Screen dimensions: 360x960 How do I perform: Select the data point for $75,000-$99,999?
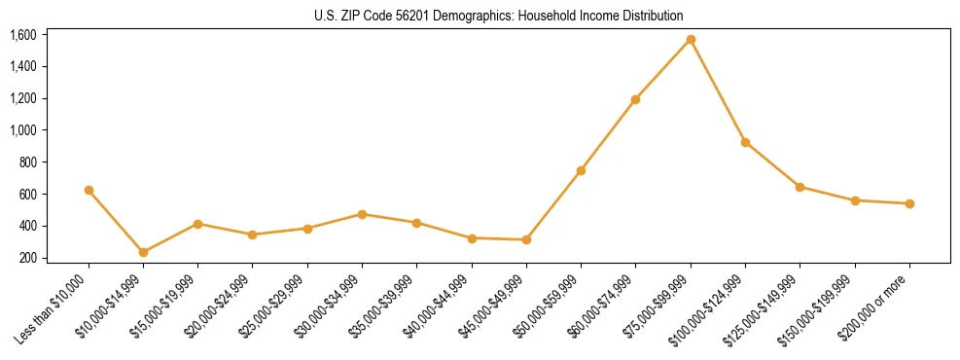tap(691, 40)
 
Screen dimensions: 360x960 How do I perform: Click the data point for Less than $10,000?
tap(89, 191)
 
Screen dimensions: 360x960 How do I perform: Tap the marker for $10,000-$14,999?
tap(143, 252)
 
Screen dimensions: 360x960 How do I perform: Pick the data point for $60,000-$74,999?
tap(635, 99)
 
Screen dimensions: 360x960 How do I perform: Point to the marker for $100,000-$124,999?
tap(745, 142)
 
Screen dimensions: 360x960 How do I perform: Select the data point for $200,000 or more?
tap(909, 203)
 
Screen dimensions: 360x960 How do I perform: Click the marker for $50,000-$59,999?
tap(581, 170)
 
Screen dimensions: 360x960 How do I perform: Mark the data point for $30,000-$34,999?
tap(362, 214)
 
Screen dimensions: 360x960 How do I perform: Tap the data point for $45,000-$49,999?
tap(526, 239)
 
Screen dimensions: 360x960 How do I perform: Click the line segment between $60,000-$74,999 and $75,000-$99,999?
tap(663, 69)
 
